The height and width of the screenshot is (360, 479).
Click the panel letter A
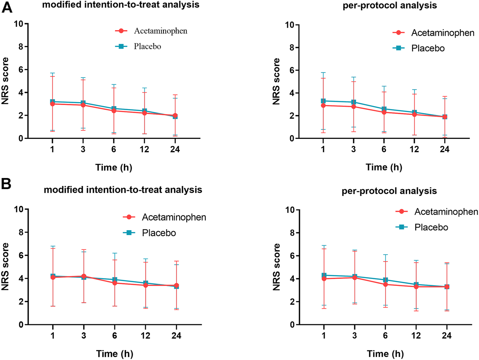coord(7,7)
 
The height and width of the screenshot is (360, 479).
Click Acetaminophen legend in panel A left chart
coord(161,31)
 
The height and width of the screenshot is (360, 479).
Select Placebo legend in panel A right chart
coord(428,49)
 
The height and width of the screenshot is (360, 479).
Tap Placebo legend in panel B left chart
coord(159,233)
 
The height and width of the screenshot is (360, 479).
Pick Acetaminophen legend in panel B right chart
coord(446,212)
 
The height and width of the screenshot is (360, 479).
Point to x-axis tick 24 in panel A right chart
coord(445,150)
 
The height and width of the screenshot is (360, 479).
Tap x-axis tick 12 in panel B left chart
coord(145,336)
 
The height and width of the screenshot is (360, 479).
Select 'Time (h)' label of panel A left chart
coord(114,168)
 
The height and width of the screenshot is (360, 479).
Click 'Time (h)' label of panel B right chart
coord(385,354)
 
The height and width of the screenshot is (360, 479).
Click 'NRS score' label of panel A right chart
coord(277,81)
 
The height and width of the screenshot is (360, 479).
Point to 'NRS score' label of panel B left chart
coord(6,266)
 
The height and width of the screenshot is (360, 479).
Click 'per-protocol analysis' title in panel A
coord(390,6)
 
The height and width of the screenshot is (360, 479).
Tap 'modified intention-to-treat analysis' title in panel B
coord(123,190)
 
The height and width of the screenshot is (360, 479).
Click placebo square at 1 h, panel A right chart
coord(323,101)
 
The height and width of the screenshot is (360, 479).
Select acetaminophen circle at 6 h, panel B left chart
coord(115,283)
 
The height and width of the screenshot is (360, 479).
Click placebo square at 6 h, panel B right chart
coord(385,280)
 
